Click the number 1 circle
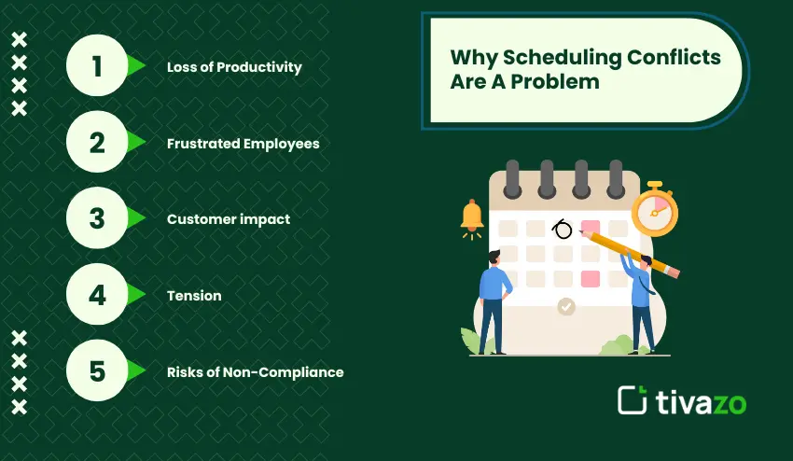coord(97,66)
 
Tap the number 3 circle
coord(97,218)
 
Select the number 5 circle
coord(97,371)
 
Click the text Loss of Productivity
coord(234,67)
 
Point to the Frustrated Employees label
coord(243,144)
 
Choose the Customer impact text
coord(229,219)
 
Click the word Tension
coord(194,296)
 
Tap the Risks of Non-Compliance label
coord(255,372)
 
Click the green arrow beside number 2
coord(136,143)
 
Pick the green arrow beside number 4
coord(136,295)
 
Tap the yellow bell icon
coord(472,216)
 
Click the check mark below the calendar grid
coord(565,306)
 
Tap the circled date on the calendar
coord(563,229)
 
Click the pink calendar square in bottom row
coord(590,279)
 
